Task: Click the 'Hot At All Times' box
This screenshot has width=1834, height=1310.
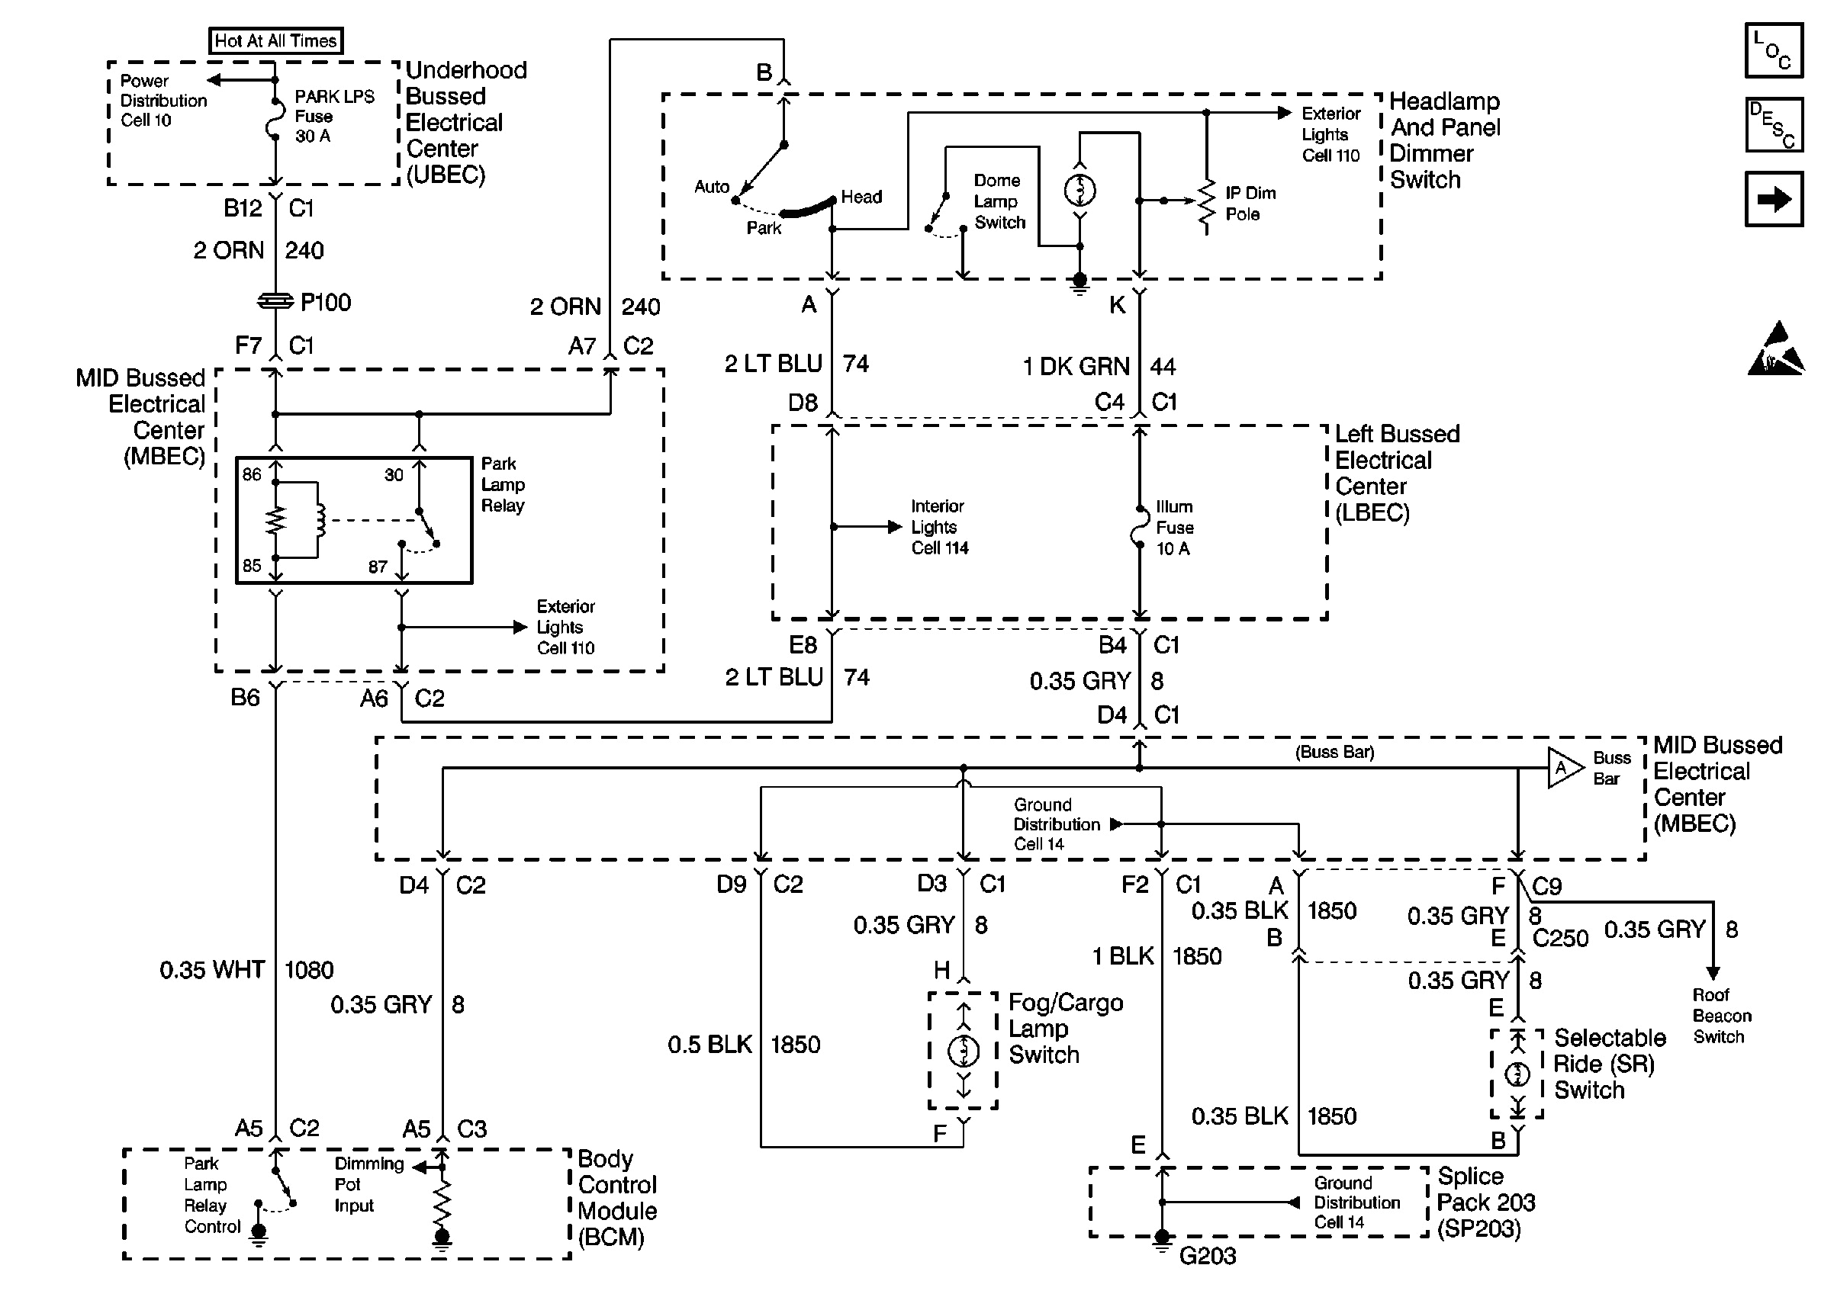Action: [275, 40]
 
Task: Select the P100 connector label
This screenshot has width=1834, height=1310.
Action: [325, 303]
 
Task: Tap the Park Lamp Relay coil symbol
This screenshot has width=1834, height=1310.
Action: [320, 520]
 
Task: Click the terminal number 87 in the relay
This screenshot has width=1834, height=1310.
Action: [378, 567]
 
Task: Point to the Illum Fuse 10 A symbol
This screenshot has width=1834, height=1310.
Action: [1139, 528]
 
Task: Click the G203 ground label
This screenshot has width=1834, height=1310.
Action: [1207, 1256]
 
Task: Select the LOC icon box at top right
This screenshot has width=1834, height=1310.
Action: [1774, 50]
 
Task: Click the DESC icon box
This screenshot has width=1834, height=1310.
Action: [1774, 125]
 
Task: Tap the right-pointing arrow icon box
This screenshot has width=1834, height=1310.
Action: [1774, 199]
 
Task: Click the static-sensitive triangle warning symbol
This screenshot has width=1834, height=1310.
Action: [1776, 350]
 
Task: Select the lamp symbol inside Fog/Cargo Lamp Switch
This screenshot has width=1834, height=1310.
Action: [963, 1050]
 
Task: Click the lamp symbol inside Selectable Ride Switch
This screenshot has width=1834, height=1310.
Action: [1517, 1074]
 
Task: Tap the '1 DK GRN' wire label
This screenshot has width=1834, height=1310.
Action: [1076, 367]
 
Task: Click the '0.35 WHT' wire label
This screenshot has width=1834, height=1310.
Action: [212, 970]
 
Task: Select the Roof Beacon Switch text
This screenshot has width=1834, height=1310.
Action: [1722, 1016]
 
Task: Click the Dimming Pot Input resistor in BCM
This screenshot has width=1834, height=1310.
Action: [442, 1202]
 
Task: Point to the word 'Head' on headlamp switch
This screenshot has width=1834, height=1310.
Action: [861, 197]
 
